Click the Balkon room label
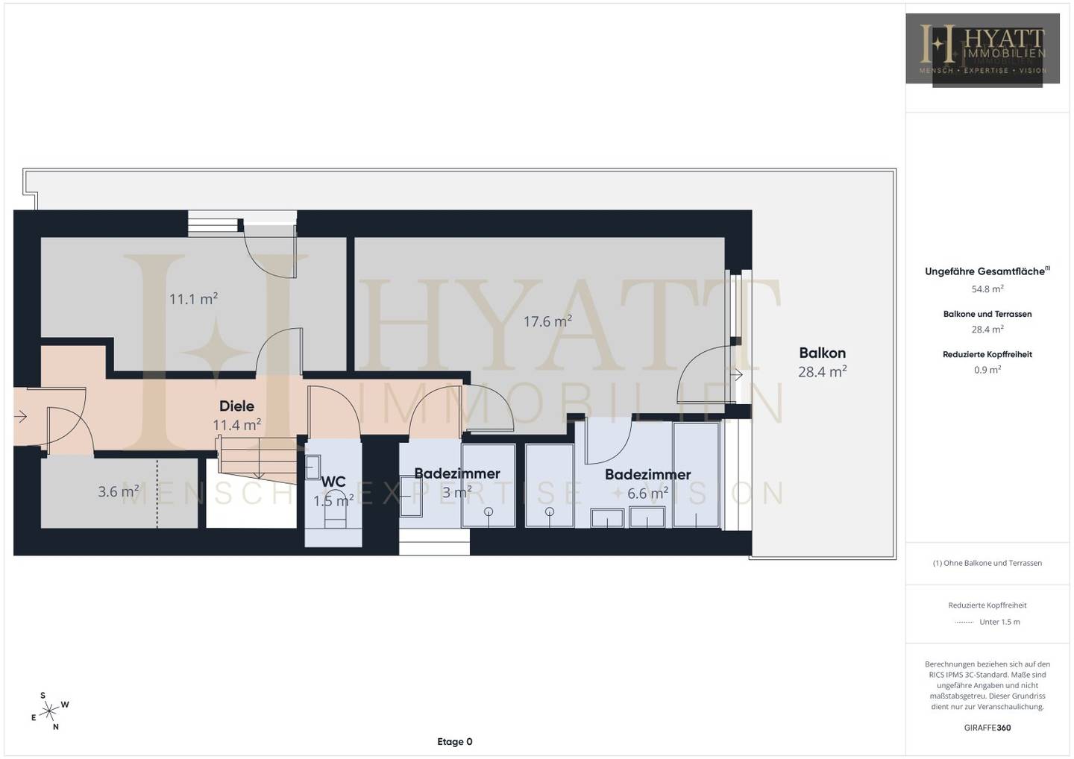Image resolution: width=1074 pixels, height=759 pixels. (x=822, y=353)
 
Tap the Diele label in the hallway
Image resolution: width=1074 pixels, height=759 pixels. (x=236, y=406)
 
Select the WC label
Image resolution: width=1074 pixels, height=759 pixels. (x=333, y=482)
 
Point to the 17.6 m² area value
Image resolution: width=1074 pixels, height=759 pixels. (x=547, y=321)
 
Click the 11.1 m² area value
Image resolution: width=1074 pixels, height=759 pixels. (x=193, y=298)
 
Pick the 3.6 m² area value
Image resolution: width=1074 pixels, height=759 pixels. (x=119, y=491)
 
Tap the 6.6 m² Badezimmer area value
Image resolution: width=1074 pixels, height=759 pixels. (x=647, y=493)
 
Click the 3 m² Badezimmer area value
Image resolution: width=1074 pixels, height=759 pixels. (x=456, y=492)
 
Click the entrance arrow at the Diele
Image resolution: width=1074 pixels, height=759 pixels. (x=20, y=417)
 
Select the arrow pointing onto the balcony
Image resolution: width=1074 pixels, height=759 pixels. (x=736, y=374)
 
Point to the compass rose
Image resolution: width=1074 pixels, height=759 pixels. (x=49, y=711)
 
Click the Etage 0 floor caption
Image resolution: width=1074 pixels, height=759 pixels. (x=454, y=742)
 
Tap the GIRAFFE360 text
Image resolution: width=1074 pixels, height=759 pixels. (x=987, y=728)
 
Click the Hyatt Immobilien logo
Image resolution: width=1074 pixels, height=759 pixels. (x=982, y=50)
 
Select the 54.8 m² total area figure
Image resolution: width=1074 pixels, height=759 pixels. (x=987, y=289)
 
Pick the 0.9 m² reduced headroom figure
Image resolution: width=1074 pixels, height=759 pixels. (x=987, y=370)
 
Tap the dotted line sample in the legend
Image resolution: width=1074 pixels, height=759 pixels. (x=964, y=623)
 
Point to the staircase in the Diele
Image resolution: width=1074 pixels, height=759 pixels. (x=257, y=458)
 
